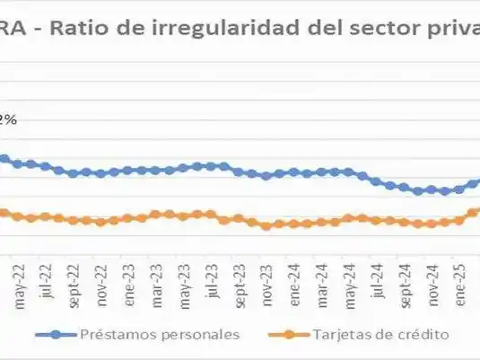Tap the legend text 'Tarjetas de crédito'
coord(380,335)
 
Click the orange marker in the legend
coord(287,335)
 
